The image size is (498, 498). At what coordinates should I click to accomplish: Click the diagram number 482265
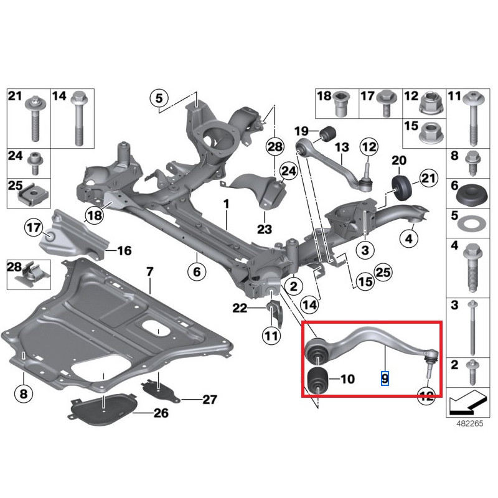pos(467,422)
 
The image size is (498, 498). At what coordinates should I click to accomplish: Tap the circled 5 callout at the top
pos(159,98)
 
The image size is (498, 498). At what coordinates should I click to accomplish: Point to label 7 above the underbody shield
pos(149,271)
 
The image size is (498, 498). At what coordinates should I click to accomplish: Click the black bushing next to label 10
pos(318,380)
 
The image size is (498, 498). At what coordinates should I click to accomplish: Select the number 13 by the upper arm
pos(342,148)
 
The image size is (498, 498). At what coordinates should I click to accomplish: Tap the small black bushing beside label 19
pos(329,132)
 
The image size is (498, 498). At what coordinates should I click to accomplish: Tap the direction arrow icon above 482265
pos(467,400)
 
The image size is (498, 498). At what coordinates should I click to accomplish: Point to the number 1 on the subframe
pos(227,204)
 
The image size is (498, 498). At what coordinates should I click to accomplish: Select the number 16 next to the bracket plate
pos(125,251)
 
